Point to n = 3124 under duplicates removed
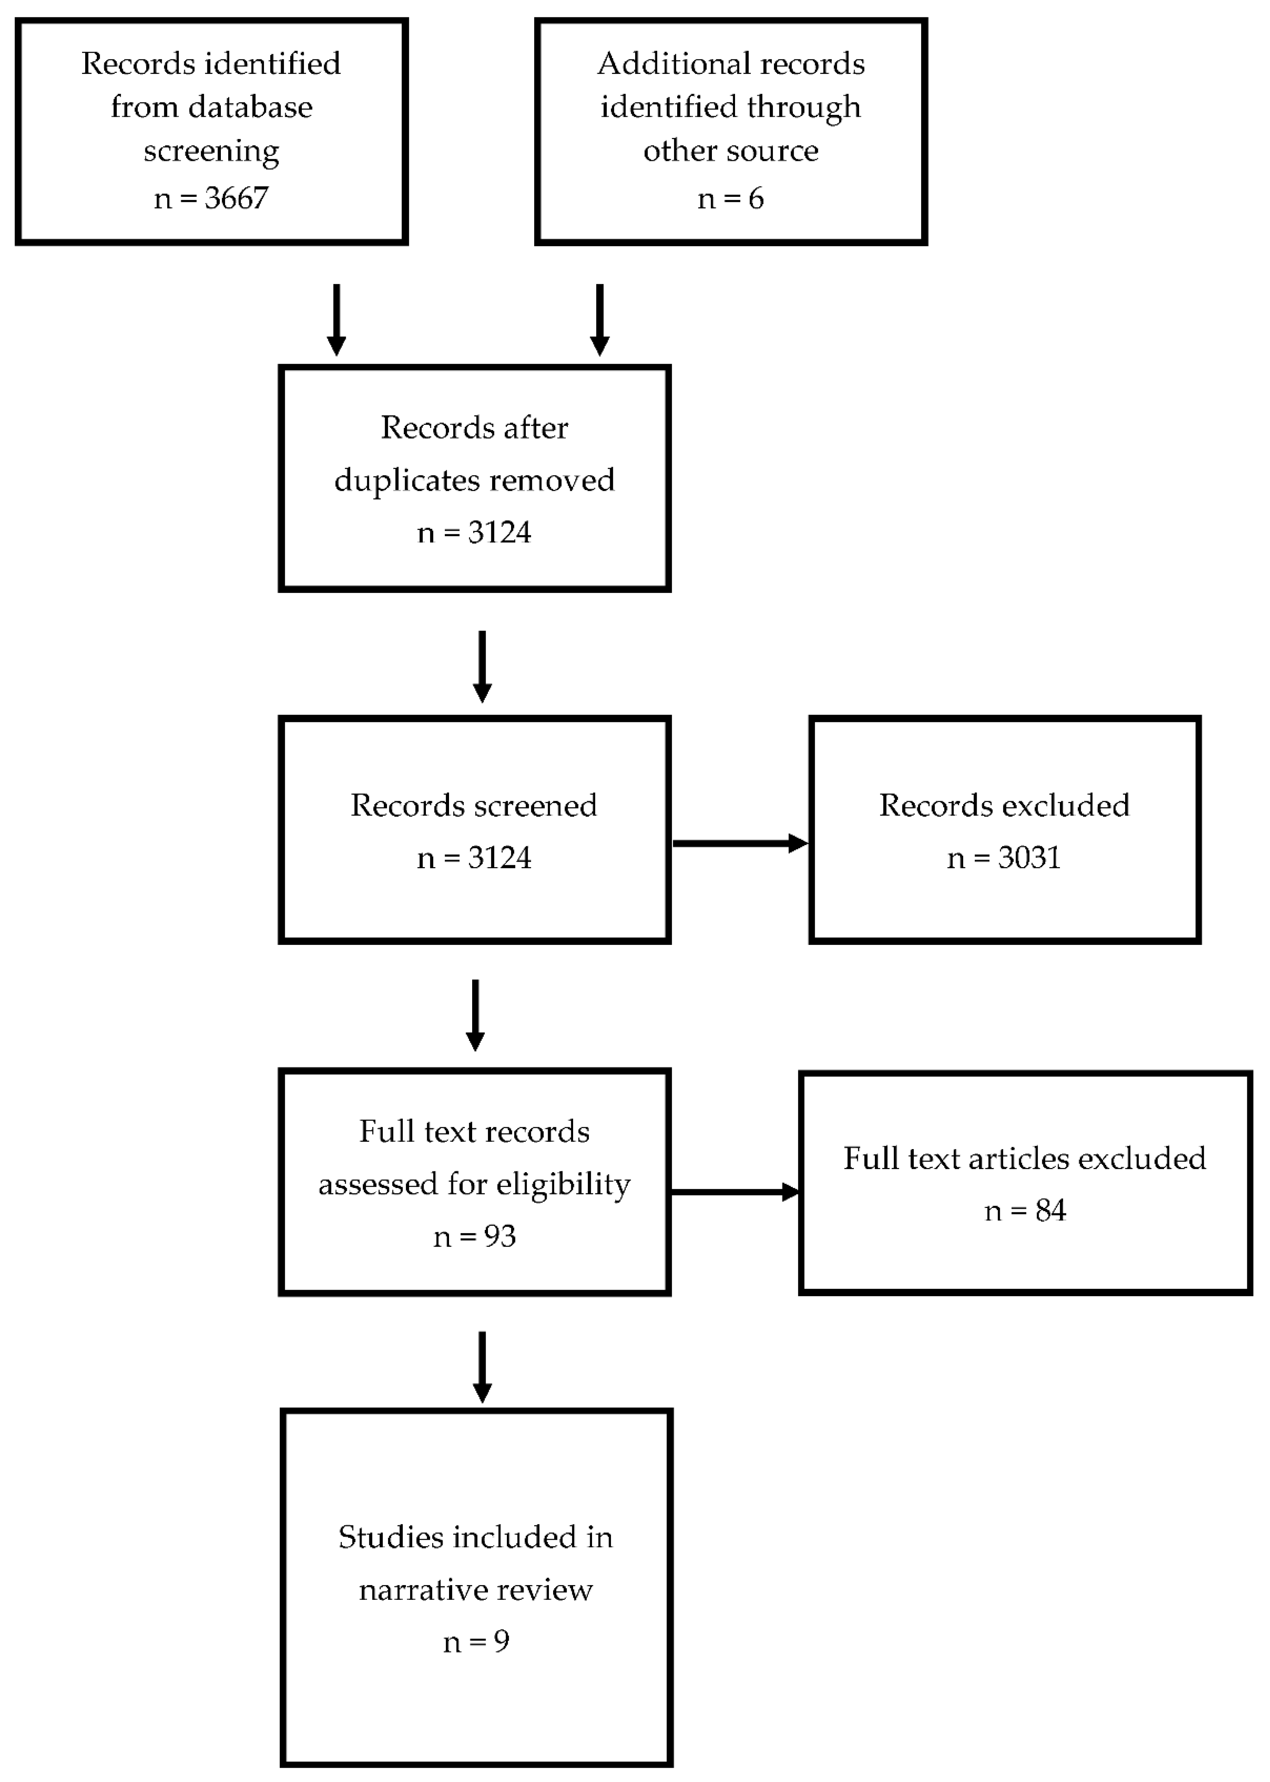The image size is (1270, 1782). [x=474, y=532]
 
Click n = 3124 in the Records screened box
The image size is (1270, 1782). [x=474, y=858]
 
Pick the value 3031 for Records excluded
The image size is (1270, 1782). [x=1029, y=858]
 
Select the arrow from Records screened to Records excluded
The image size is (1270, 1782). [x=739, y=843]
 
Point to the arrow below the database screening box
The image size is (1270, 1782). [x=336, y=320]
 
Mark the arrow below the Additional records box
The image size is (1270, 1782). [x=600, y=320]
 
